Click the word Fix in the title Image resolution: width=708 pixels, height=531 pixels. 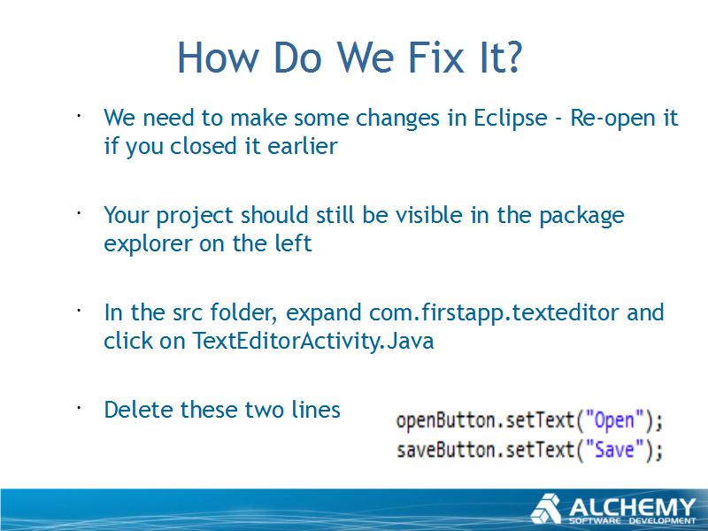pos(436,58)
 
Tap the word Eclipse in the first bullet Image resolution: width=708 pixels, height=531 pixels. pos(511,119)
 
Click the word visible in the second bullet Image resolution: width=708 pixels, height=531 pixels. pos(428,215)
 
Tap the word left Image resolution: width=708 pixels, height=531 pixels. pos(293,242)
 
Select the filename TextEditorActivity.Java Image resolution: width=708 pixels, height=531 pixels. pos(313,341)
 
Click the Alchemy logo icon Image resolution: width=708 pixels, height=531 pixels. pos(546,509)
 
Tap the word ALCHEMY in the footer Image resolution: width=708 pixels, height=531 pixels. pos(632,507)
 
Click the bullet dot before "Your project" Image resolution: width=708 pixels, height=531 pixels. pos(79,212)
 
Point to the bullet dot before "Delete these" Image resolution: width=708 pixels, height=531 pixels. pos(79,407)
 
